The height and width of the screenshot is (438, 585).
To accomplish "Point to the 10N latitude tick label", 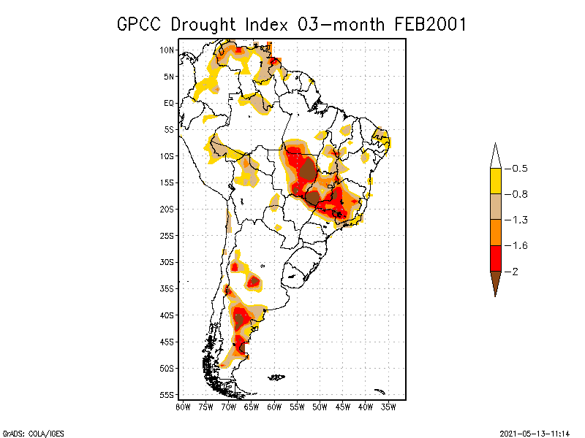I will [x=167, y=50].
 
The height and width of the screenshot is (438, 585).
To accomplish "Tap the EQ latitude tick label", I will [x=169, y=103].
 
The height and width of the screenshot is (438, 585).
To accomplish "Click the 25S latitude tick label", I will [x=167, y=235].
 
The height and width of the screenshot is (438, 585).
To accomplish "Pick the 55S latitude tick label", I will [x=167, y=395].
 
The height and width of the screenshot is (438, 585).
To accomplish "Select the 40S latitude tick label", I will [x=167, y=315].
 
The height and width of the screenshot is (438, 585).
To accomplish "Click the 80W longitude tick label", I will [x=183, y=406].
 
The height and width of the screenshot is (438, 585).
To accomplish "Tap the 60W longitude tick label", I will [x=274, y=406].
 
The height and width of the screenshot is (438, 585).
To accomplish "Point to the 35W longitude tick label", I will [x=388, y=406].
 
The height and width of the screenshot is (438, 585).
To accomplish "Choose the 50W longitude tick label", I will [x=320, y=406].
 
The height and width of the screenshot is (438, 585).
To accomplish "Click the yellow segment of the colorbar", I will [x=495, y=181].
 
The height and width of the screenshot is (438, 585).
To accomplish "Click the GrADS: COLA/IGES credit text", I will [x=26, y=432].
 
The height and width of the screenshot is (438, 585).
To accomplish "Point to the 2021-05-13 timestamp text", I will [x=535, y=432].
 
